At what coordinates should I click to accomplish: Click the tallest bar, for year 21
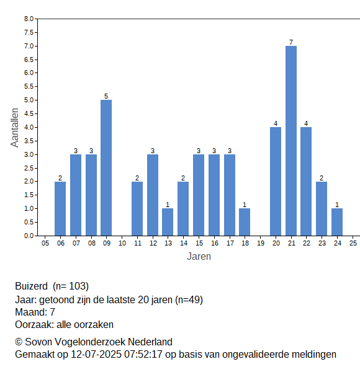click(291, 141)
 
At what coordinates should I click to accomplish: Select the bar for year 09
click(106, 168)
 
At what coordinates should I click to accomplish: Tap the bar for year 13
click(168, 222)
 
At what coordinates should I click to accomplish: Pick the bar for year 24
click(337, 222)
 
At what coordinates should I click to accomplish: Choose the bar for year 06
click(60, 208)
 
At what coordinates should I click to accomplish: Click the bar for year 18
click(245, 222)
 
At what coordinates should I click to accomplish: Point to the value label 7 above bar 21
click(291, 42)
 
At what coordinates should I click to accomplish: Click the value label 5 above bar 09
click(106, 96)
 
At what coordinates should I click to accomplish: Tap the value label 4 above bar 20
click(276, 123)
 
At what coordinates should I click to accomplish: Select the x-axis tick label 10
click(122, 243)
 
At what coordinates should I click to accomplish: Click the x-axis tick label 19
click(261, 243)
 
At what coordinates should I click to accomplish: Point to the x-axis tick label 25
click(353, 243)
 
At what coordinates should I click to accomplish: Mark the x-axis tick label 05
click(45, 243)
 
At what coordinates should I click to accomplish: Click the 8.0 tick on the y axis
click(29, 19)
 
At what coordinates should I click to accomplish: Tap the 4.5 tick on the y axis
click(29, 113)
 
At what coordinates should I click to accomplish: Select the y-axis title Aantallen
click(14, 128)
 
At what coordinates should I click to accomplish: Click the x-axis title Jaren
click(199, 257)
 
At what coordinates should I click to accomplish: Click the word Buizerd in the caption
click(32, 286)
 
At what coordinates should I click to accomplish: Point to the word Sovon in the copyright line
click(38, 342)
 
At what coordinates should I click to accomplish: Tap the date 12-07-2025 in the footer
click(96, 355)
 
